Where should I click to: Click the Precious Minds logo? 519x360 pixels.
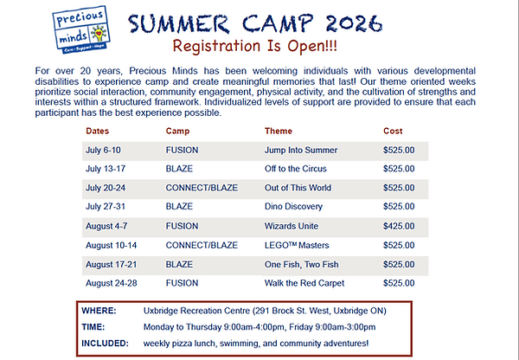point(81,29)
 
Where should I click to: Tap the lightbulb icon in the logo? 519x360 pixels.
point(98,34)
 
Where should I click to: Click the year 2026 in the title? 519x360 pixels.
point(354,23)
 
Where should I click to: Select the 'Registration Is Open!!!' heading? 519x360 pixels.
point(255,46)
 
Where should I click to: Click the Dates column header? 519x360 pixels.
point(97,132)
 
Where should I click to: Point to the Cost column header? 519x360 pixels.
point(393,132)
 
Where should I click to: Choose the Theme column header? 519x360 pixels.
point(279,132)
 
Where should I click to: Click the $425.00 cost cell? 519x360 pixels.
point(399,226)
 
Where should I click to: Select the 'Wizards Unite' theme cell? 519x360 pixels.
point(292,226)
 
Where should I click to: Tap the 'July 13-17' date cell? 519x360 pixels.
point(106,169)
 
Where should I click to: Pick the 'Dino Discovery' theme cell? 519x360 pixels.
point(293,207)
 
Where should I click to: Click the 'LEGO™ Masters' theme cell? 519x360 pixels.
point(297,246)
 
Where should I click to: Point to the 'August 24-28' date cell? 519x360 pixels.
point(112,283)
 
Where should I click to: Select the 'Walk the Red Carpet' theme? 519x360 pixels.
point(304,283)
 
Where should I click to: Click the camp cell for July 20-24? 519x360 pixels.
point(202,188)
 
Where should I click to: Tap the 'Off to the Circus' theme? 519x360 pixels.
point(296,169)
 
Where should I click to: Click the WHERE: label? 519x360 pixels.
point(99,311)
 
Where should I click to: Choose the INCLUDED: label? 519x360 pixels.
point(105,344)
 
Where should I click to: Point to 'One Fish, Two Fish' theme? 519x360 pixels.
point(302,265)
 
